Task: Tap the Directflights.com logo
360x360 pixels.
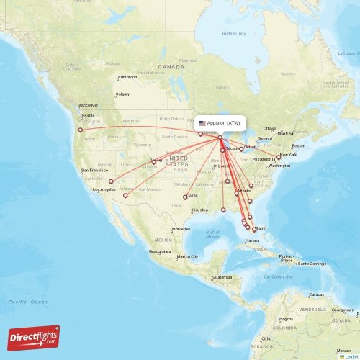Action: pyautogui.click(x=34, y=337)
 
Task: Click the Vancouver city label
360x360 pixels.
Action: pyautogui.click(x=89, y=105)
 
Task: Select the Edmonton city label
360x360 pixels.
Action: pyautogui.click(x=127, y=77)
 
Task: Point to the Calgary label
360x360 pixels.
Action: pyautogui.click(x=122, y=94)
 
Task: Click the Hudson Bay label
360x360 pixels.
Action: pyautogui.click(x=233, y=34)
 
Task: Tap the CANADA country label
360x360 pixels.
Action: pyautogui.click(x=171, y=66)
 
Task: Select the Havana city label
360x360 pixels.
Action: pyautogui.click(x=252, y=240)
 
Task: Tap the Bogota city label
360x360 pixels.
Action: pyautogui.click(x=286, y=318)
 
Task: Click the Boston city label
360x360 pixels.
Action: pyautogui.click(x=298, y=146)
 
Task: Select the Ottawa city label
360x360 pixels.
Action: pyautogui.click(x=270, y=128)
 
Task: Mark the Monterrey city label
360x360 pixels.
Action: pyautogui.click(x=181, y=228)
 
